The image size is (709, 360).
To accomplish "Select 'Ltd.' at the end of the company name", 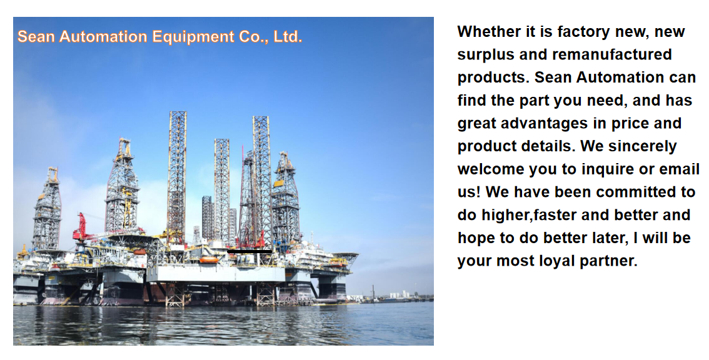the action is pos(288,36).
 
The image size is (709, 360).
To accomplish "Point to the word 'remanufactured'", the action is pos(612,54).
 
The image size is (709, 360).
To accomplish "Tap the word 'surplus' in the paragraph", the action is pos(486,55).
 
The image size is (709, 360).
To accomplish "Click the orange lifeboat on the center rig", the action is pos(209,259).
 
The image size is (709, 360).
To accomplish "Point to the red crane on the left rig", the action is pos(81,227).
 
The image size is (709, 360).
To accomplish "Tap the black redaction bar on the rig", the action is pos(249,251).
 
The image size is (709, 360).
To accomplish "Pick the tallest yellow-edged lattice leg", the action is pos(177,176).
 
